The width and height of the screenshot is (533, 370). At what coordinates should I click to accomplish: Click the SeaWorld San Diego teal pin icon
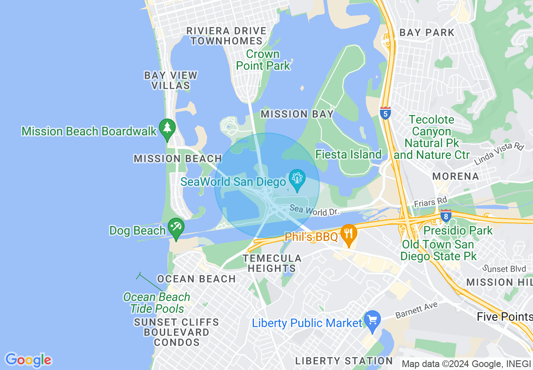[x=297, y=180]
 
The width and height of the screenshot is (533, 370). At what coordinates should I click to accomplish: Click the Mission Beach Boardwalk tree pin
[x=167, y=129]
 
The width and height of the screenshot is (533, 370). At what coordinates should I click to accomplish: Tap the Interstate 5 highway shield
[x=385, y=113]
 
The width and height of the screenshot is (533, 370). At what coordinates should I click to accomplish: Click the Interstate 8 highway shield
[x=446, y=216]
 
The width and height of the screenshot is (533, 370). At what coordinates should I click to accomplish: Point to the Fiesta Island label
[x=348, y=155]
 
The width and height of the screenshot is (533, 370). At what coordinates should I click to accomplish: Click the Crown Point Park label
[x=263, y=60]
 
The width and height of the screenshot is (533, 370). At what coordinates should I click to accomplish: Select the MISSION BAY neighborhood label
[x=297, y=114]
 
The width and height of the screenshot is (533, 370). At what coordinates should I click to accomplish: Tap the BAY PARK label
[x=427, y=32]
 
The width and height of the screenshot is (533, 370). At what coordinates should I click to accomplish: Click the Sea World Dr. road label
[x=314, y=210]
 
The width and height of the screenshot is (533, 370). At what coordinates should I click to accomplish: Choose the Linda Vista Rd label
[x=499, y=154]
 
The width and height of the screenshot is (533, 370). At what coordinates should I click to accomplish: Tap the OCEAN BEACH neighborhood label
[x=196, y=279]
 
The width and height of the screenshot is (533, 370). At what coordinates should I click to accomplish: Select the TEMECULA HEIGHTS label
[x=272, y=263]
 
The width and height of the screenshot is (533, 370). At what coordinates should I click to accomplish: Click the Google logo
[x=28, y=360]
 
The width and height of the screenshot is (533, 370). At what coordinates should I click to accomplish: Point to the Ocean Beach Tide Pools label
[x=157, y=303]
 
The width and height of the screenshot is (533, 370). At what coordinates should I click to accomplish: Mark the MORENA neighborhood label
[x=456, y=176]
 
